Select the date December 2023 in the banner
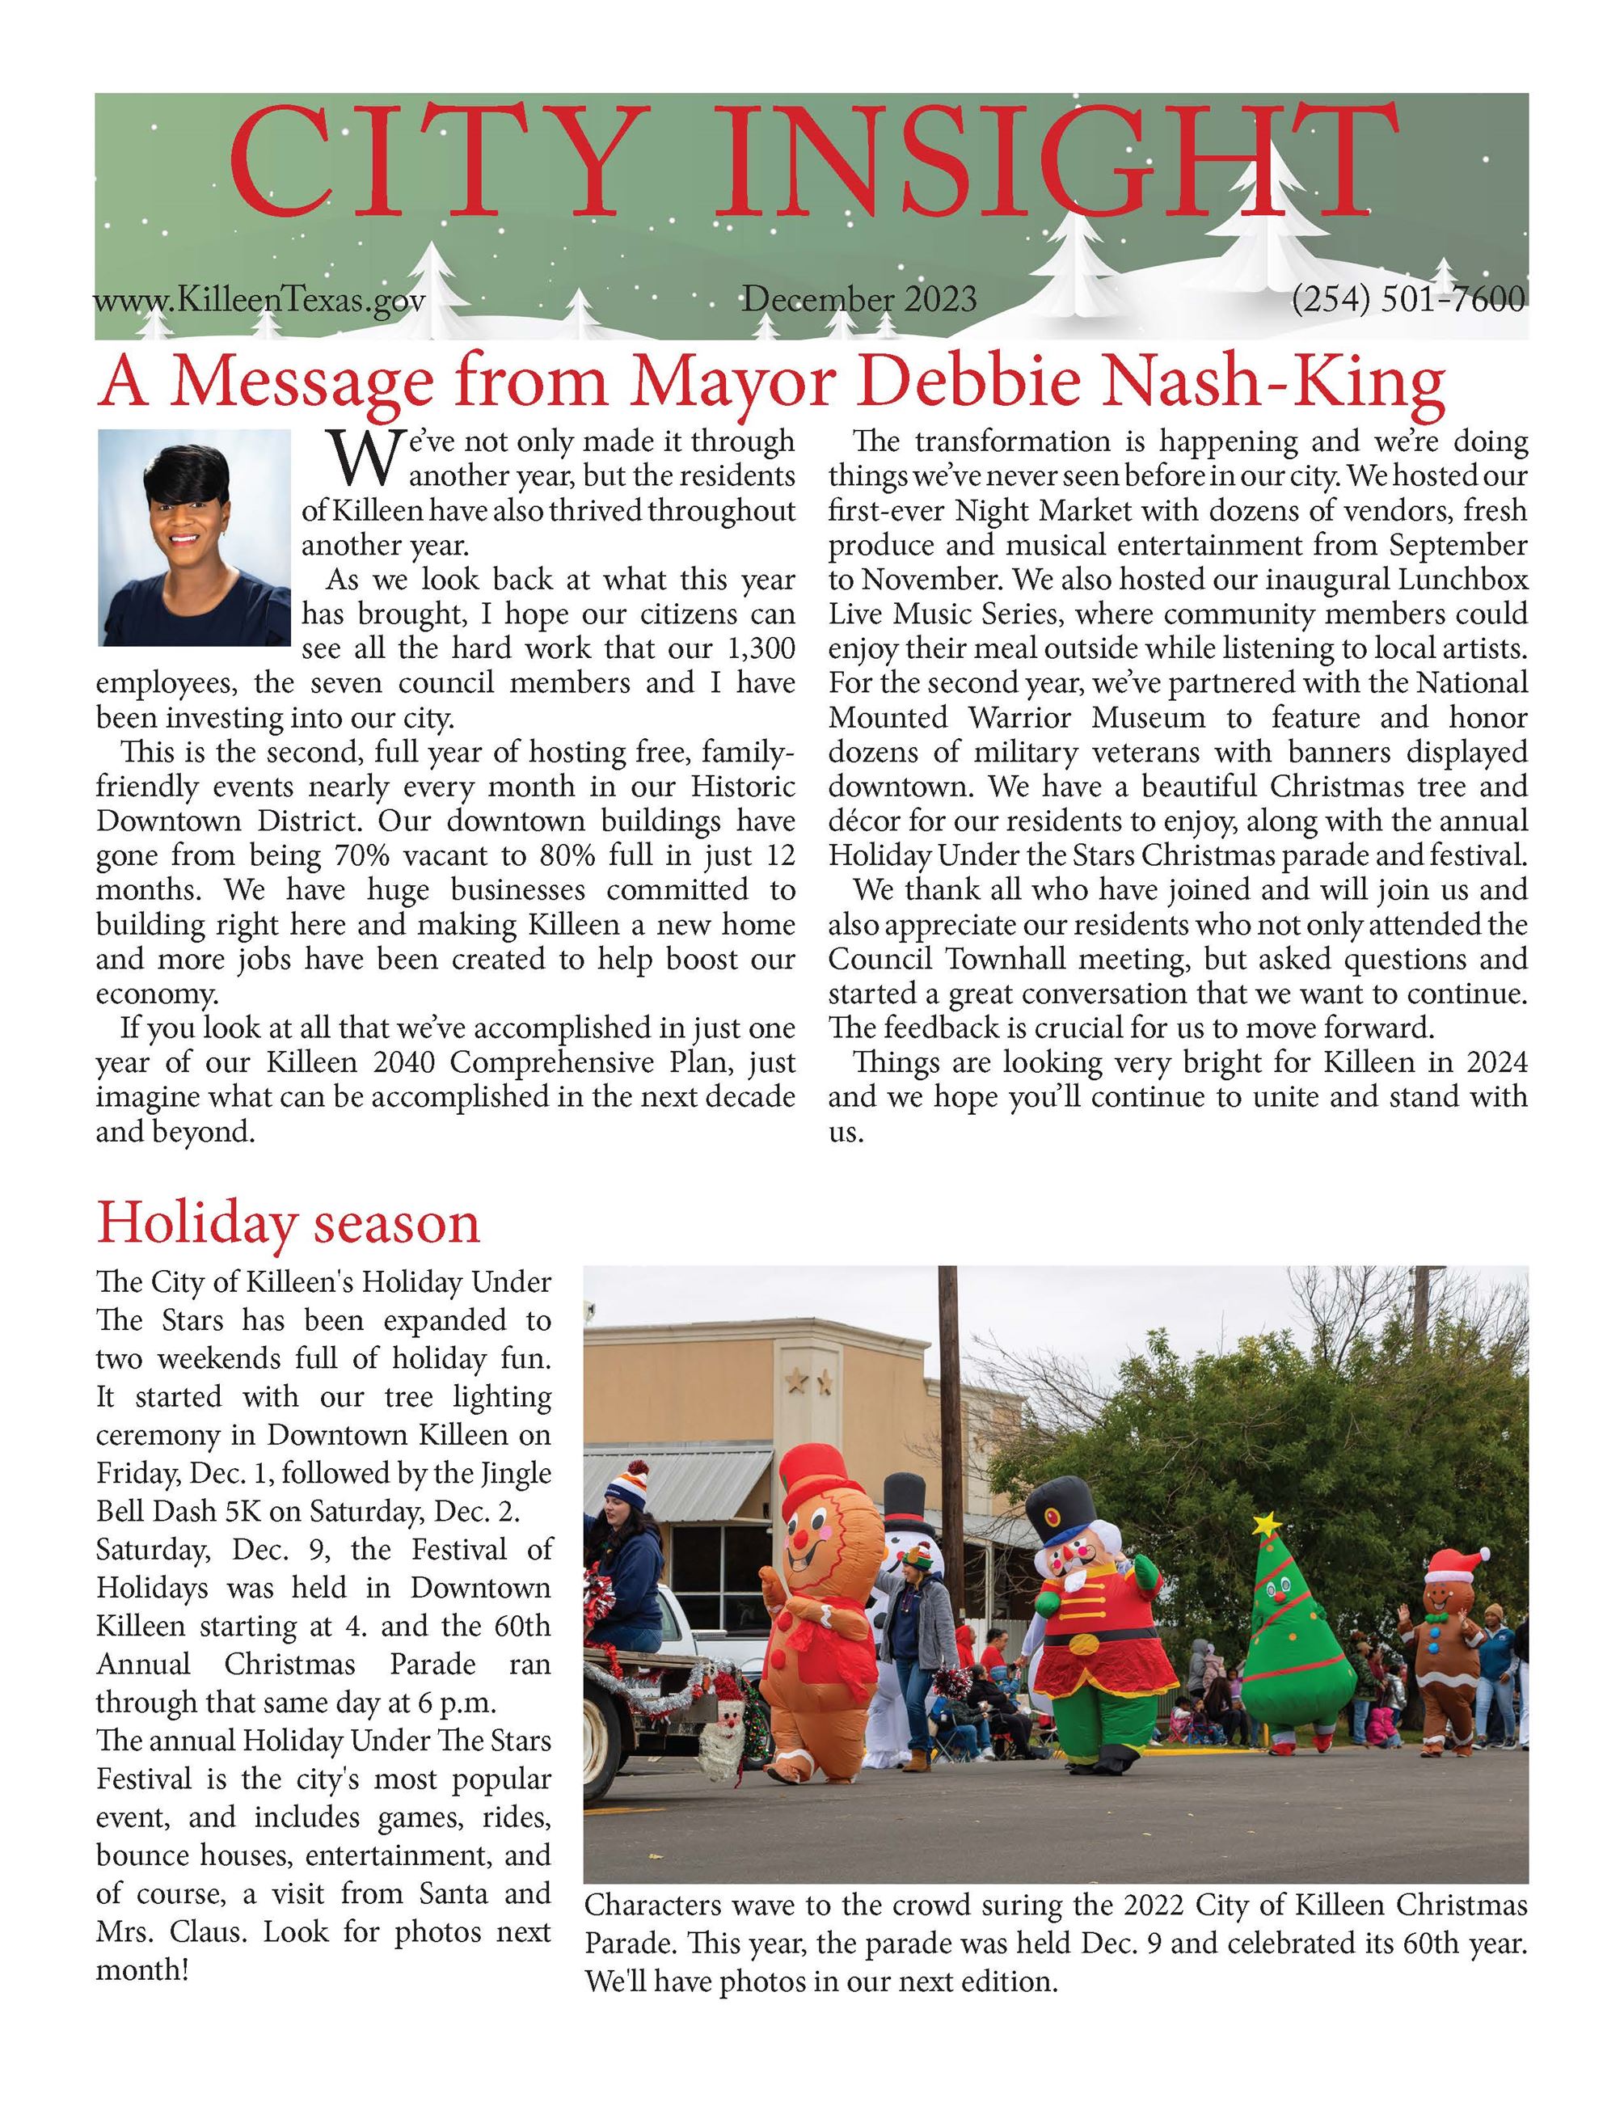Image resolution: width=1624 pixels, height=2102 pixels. pyautogui.click(x=859, y=299)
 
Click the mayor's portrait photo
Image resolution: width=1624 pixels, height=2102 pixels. pyautogui.click(x=194, y=537)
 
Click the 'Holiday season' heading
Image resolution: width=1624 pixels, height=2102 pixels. pyautogui.click(x=288, y=1223)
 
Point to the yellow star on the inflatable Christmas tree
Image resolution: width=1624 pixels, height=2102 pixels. pyautogui.click(x=1267, y=1526)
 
